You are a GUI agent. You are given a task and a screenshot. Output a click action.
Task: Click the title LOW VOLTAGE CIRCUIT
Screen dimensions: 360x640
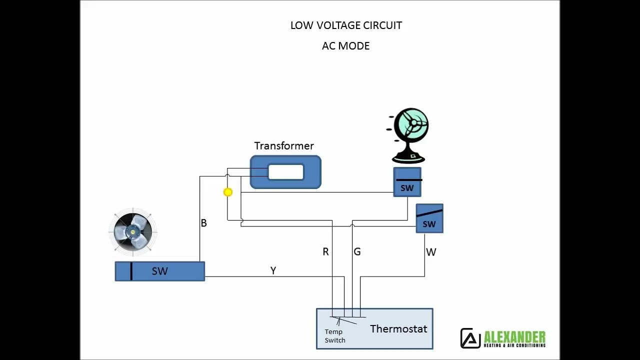(346, 25)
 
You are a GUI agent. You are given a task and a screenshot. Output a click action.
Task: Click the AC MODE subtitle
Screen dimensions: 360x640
(346, 46)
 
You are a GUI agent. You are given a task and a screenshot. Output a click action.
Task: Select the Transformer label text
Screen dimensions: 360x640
(284, 146)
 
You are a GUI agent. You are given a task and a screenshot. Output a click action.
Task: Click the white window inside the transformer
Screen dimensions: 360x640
(286, 172)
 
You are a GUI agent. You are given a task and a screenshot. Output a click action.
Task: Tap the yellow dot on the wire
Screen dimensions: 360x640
(228, 192)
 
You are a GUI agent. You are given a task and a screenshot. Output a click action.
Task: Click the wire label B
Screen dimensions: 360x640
(203, 223)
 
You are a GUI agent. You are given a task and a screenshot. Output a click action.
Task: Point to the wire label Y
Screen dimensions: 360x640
(273, 270)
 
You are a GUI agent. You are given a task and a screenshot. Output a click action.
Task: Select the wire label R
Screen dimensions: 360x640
(325, 252)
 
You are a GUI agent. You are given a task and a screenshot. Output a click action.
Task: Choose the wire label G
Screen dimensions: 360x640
(357, 252)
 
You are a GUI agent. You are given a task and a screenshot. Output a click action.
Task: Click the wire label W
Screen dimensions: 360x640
(431, 252)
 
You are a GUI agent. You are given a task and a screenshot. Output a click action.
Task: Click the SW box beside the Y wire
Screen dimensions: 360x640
(160, 271)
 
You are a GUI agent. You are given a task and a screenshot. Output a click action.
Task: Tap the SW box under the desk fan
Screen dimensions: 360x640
(407, 183)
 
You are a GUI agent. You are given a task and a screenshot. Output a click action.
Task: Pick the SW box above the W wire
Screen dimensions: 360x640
(429, 218)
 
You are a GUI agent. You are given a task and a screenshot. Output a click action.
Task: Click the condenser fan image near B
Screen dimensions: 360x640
(133, 231)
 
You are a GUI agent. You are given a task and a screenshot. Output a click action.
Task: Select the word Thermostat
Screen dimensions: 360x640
(398, 329)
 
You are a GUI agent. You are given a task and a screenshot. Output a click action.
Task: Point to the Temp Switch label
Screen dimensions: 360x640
(334, 336)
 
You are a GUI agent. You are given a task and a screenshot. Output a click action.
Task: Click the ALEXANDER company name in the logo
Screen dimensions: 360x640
(514, 336)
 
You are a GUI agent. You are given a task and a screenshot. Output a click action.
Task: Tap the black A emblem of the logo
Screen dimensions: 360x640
(470, 338)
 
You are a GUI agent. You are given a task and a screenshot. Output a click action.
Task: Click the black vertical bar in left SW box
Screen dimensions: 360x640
(131, 271)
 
